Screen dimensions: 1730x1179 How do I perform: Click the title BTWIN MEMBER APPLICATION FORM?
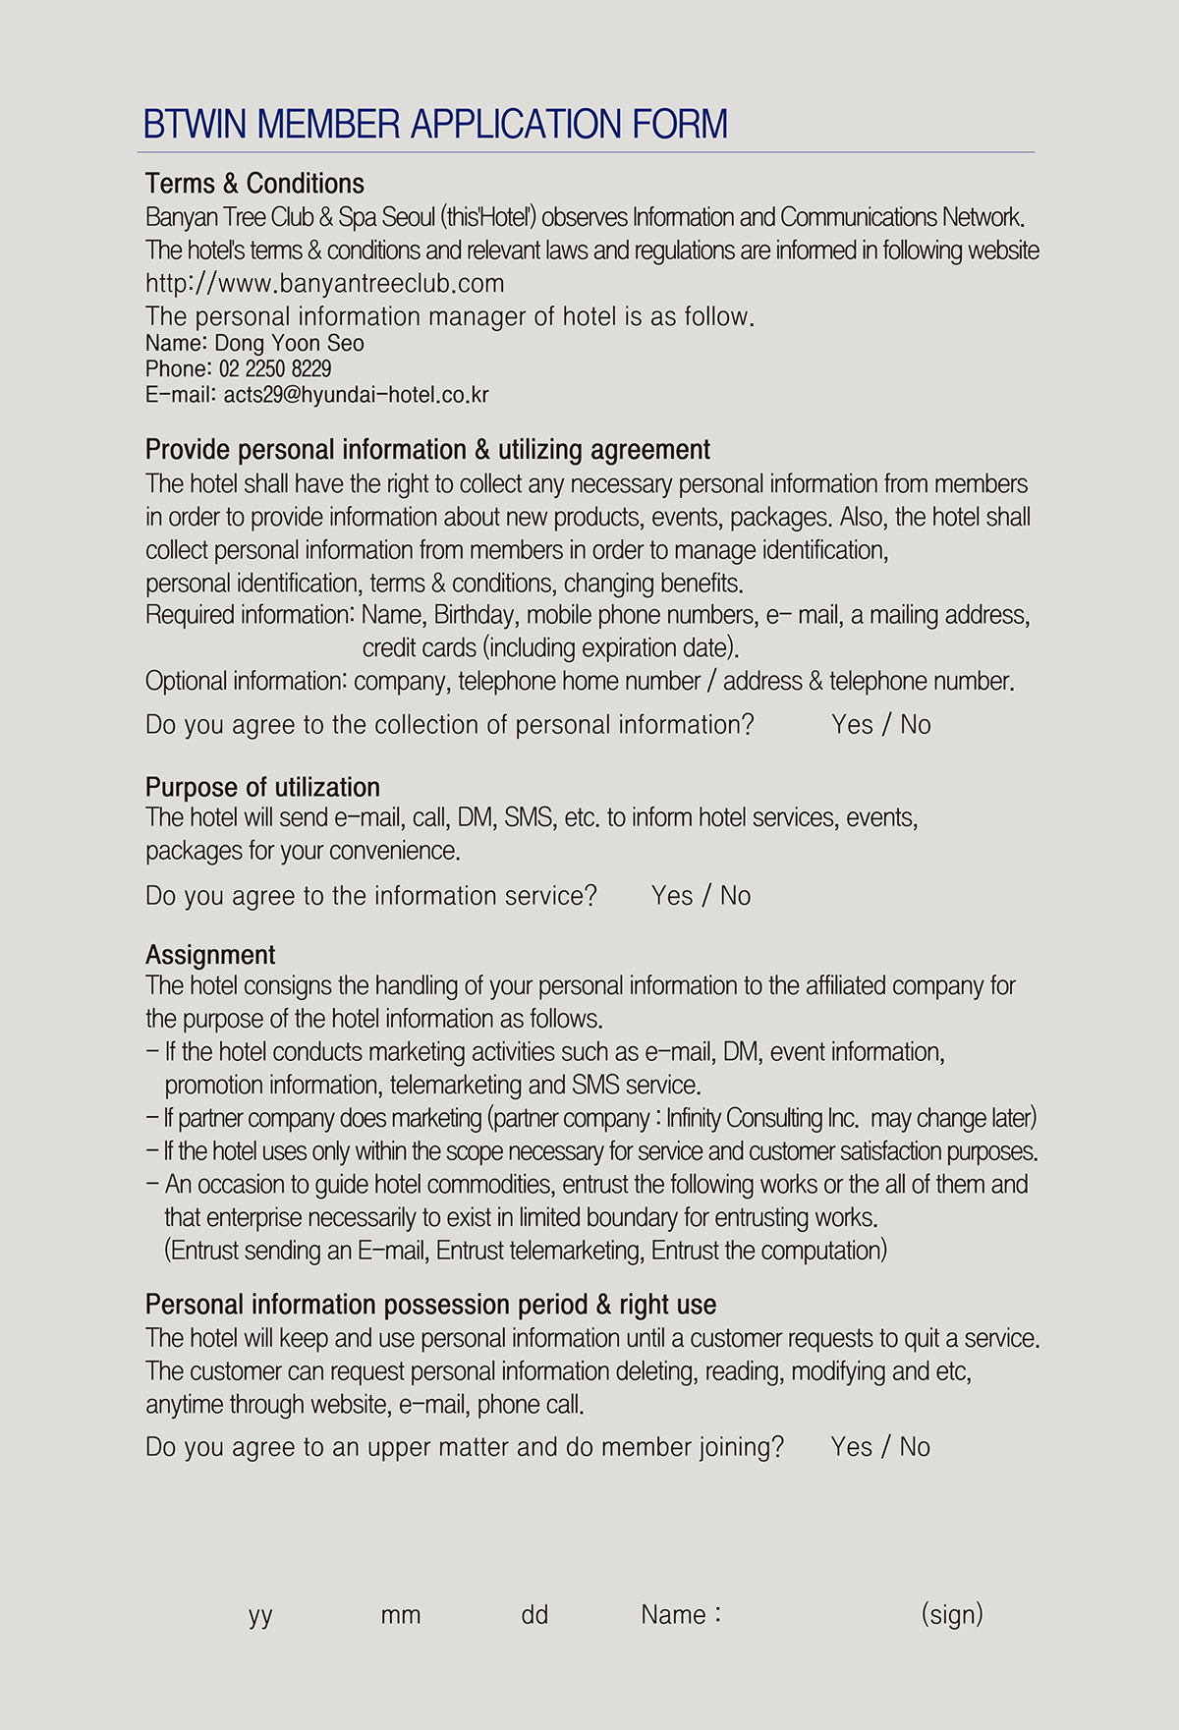pos(435,125)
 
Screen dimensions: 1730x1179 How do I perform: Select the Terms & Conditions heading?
pos(254,184)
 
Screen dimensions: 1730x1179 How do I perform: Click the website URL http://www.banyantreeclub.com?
pos(324,284)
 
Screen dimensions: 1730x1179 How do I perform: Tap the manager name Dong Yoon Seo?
pos(289,344)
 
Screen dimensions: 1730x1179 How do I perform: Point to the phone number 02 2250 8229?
pos(275,369)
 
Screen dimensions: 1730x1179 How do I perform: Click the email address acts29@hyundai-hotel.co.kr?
pos(356,395)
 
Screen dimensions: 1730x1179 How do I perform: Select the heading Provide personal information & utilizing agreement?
pos(427,450)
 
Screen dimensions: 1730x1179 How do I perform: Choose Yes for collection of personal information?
pos(852,725)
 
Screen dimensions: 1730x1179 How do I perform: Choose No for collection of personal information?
pos(916,725)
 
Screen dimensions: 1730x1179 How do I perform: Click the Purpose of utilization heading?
pos(262,788)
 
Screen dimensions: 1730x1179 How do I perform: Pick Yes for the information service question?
pos(672,896)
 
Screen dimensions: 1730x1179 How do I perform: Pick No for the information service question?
pos(735,896)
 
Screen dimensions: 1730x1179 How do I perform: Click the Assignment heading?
pos(210,955)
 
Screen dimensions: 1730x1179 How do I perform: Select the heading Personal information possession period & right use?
pos(430,1305)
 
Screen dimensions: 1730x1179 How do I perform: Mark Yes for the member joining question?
pos(851,1447)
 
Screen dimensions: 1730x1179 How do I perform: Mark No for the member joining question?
pos(915,1447)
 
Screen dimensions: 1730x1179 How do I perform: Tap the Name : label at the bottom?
pos(681,1615)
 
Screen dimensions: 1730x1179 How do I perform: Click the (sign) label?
pos(952,1615)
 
